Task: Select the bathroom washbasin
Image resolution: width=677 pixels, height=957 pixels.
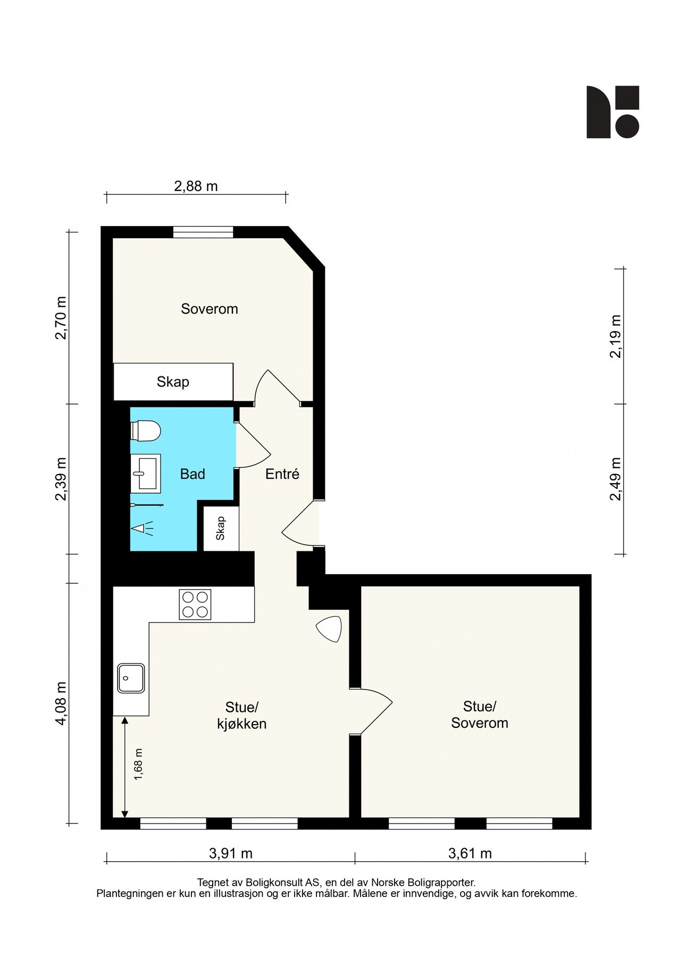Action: tap(146, 472)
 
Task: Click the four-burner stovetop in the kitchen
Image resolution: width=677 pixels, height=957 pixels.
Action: tap(195, 605)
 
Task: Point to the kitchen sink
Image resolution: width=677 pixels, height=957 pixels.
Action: tap(131, 678)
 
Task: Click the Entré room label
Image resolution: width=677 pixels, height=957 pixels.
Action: tap(282, 474)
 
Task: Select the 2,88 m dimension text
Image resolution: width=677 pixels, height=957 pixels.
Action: tap(196, 186)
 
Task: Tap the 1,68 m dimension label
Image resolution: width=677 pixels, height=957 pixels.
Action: tap(139, 765)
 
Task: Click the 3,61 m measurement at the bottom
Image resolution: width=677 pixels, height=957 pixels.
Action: tap(470, 854)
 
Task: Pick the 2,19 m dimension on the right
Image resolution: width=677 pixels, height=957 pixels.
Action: tap(615, 337)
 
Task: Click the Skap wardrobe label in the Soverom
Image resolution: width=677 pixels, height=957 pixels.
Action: tap(173, 382)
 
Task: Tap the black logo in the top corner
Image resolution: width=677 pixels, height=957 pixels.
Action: tap(613, 112)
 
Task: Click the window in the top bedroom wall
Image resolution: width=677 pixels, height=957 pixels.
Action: tap(203, 232)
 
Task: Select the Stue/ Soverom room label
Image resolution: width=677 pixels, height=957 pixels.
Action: tap(480, 715)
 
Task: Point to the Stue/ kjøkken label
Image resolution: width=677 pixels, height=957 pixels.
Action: tap(242, 715)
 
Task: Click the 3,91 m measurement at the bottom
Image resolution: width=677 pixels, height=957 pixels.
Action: tap(231, 854)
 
